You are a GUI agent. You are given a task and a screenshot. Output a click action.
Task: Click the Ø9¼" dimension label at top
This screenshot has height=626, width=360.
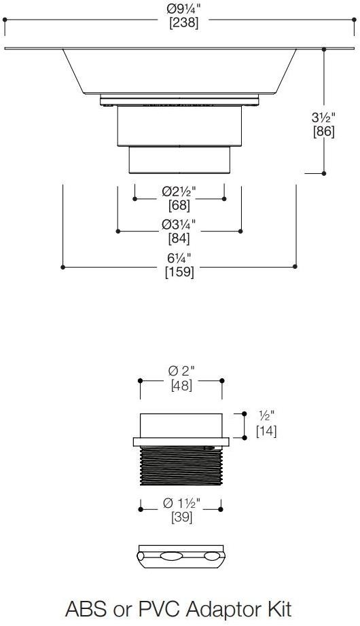coord(183,10)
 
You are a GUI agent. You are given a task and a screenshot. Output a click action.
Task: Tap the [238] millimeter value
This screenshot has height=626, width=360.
coord(184,23)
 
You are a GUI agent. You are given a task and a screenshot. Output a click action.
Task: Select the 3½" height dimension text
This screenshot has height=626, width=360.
coord(323,117)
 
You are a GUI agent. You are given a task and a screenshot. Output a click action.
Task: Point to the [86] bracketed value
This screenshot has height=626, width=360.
coord(323,131)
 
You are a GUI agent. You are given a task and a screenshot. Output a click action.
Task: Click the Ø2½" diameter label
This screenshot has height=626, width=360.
coord(179,191)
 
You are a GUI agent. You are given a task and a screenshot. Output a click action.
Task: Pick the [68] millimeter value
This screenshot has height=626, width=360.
coord(179,206)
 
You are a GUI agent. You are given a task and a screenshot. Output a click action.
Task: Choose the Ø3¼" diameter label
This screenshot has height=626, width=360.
coord(179,224)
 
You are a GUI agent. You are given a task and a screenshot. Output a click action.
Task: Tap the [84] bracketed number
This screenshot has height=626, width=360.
coord(179,238)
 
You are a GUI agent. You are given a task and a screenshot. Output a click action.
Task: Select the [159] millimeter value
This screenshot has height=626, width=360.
coord(179,272)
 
